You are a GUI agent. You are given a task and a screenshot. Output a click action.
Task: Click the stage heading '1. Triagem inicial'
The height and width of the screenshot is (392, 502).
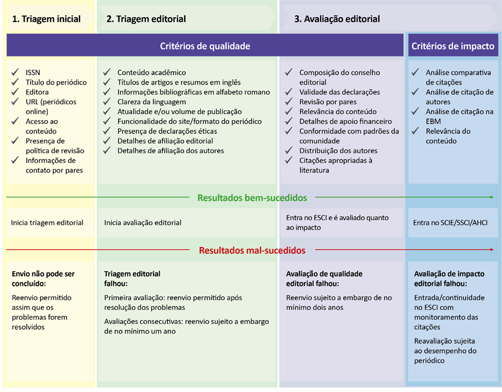pos(46,19)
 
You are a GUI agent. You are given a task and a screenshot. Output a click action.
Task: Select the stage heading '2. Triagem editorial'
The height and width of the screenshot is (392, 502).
pos(146,19)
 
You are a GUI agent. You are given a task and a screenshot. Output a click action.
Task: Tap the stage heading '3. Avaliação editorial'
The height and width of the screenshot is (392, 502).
pos(337,19)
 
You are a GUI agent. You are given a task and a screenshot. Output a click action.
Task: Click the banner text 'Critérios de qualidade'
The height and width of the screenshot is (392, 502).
pos(205,46)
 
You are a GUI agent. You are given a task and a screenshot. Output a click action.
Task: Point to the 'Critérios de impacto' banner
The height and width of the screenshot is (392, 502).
pos(452,46)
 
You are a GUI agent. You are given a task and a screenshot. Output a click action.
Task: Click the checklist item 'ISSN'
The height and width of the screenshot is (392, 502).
pos(33,72)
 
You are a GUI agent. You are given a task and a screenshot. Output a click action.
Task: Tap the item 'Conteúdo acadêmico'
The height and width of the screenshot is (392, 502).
pos(151,72)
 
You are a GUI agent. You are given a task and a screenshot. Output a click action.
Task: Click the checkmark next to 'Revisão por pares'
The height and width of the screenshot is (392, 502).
pos(289,102)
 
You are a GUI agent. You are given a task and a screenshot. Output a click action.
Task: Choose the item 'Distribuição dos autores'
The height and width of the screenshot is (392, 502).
pos(338,151)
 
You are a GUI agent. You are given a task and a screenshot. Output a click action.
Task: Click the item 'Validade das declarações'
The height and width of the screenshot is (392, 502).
pos(339,92)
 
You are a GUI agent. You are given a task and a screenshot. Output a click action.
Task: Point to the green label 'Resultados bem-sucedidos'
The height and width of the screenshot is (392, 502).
pos(252,197)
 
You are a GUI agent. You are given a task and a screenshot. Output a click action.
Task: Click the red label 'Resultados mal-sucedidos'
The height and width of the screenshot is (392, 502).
pos(252,250)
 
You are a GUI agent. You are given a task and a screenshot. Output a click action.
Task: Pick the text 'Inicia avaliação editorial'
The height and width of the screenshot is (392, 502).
pos(143,222)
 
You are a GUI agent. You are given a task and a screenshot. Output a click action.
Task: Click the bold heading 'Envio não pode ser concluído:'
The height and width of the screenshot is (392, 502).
pos(43,279)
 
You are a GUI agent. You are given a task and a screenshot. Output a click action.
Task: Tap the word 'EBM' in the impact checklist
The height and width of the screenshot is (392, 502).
pos(433,121)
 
